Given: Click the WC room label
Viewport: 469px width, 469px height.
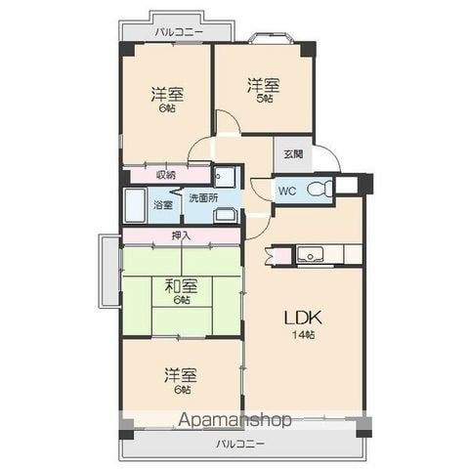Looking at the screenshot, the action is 287,191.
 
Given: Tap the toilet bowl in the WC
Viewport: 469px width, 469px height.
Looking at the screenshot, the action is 320,189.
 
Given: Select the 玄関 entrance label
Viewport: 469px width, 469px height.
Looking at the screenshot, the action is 293,153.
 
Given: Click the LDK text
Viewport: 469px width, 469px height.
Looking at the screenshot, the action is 303,318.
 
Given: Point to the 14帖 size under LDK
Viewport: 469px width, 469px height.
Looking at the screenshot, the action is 303,335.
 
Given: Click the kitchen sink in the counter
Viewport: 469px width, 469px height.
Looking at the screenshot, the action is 310,254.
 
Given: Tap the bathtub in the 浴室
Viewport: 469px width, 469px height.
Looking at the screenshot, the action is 135,205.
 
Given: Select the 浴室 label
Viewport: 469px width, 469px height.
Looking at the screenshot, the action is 163,205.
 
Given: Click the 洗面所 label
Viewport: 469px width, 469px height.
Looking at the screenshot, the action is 204,198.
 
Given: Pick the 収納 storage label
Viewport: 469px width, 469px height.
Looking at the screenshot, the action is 166,175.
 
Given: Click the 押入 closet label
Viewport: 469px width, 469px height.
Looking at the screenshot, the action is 181,235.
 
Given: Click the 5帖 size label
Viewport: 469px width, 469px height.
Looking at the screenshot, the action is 265,99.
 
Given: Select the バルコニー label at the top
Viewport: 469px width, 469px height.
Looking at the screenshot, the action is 179,32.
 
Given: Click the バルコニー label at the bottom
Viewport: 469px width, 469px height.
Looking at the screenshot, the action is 240,444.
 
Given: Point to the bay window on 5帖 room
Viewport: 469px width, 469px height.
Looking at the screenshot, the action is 271,38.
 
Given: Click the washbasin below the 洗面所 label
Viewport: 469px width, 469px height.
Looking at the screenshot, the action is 224,215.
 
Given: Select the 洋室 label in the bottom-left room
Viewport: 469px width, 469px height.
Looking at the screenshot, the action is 181,375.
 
